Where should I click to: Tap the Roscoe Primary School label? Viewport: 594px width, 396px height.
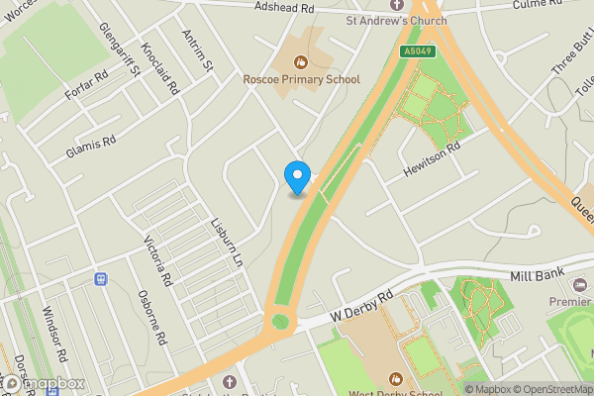pyautogui.click(x=301, y=78)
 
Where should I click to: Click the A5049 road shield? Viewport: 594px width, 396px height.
pyautogui.click(x=417, y=51)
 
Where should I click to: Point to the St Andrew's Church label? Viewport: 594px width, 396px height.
pyautogui.click(x=395, y=21)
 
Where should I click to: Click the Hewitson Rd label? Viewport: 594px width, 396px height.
pyautogui.click(x=432, y=158)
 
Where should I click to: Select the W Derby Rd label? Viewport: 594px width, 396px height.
pyautogui.click(x=362, y=304)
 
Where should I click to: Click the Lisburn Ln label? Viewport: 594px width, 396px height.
pyautogui.click(x=226, y=242)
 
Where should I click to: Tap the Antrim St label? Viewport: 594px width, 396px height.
pyautogui.click(x=198, y=51)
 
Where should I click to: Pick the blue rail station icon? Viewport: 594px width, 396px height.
pyautogui.click(x=100, y=279)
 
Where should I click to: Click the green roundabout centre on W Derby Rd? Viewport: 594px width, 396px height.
pyautogui.click(x=281, y=320)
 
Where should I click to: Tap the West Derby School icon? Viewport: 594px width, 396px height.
pyautogui.click(x=395, y=378)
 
